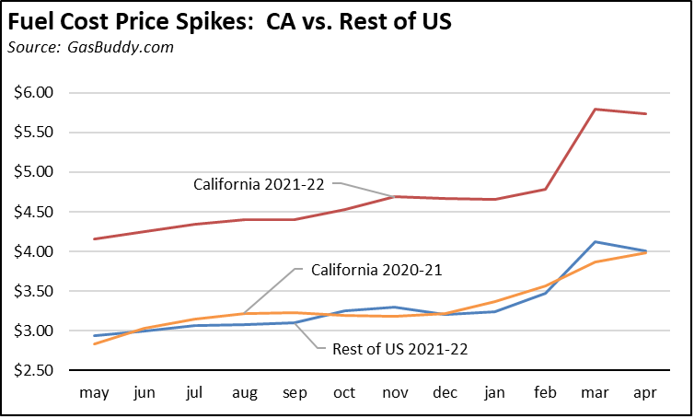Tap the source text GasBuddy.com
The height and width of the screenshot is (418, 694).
click(x=90, y=47)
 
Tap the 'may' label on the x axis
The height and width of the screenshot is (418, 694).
click(x=95, y=393)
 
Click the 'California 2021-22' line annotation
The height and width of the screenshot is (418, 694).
click(x=260, y=184)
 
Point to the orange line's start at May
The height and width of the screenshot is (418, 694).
click(x=95, y=343)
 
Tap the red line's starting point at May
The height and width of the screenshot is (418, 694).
click(x=95, y=239)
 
